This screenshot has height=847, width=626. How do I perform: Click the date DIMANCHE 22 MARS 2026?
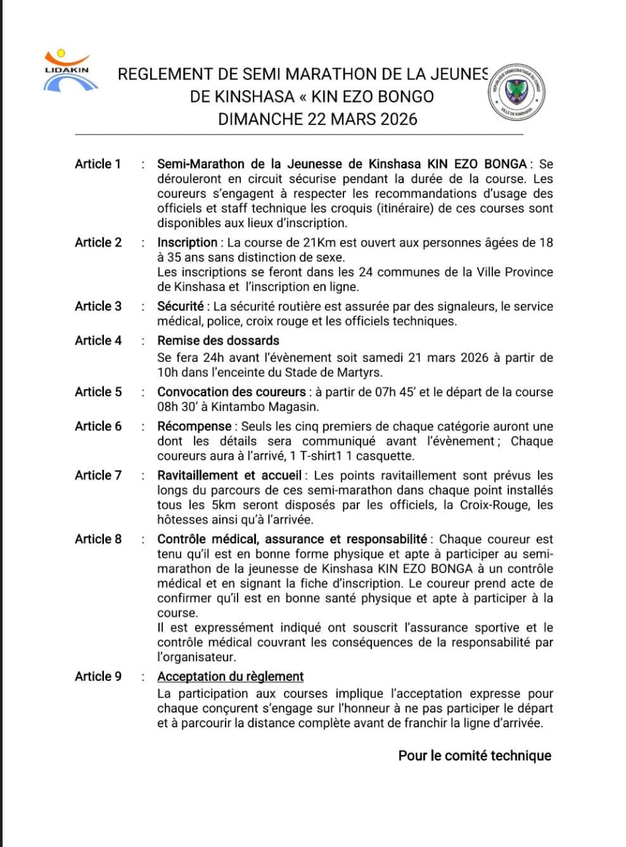coord(318,119)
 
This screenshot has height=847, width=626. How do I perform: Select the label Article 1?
coord(98,164)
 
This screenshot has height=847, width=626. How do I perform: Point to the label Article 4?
coord(98,341)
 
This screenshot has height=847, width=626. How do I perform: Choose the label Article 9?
coord(98,676)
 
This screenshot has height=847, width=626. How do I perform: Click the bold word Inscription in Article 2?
coord(187,243)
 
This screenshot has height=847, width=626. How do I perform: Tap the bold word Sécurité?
coord(180,306)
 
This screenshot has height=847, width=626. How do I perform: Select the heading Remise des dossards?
coord(218,341)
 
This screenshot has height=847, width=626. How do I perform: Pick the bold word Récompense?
coord(195,426)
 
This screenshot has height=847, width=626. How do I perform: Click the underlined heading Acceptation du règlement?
coord(230,676)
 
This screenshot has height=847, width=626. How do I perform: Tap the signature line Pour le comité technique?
coord(474,756)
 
